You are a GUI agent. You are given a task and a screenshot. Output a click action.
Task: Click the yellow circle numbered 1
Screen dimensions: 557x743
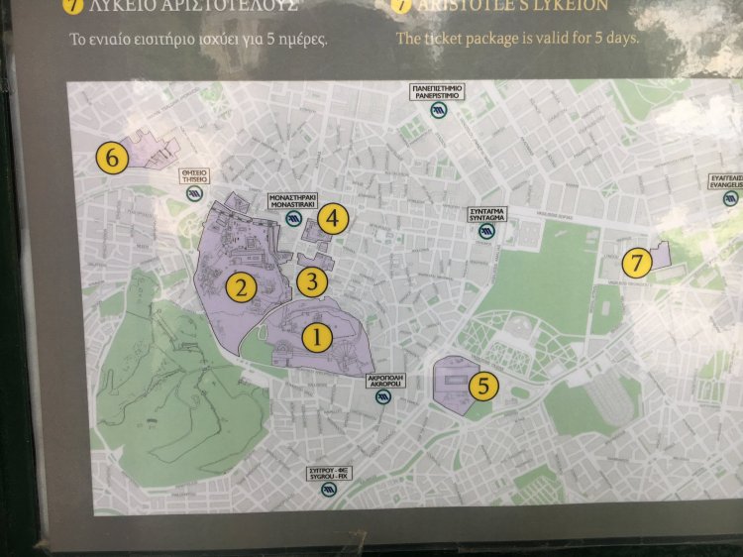coord(317,337)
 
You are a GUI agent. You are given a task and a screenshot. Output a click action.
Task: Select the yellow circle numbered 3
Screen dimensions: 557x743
coord(312,281)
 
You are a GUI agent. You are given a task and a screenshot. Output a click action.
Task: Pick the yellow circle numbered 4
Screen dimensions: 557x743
coord(332,218)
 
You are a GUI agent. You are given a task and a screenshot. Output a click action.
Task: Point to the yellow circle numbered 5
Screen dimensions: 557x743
coord(482,386)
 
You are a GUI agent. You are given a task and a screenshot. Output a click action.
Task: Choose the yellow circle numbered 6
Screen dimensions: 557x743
coord(112,157)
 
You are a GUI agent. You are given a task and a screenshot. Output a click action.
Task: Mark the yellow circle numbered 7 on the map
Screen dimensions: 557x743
coord(636,263)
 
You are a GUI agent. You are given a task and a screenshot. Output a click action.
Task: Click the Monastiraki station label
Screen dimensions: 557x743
coord(293,201)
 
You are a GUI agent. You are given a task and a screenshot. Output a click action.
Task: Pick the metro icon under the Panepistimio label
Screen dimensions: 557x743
coord(437,110)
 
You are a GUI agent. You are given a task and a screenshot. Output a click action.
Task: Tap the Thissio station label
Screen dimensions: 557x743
coord(194,175)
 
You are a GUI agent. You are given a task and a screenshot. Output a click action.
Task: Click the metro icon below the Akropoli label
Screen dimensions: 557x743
coord(383,397)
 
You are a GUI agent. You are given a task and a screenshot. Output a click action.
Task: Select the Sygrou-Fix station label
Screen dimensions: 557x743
coord(328,472)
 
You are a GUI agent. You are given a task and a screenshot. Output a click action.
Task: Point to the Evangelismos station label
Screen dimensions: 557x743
coord(726,181)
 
